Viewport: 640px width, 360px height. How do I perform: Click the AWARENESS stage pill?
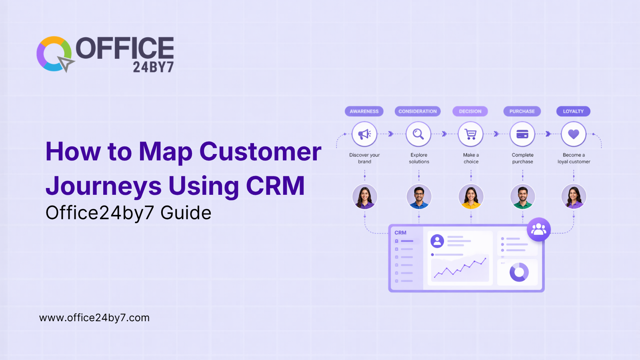[x=364, y=111]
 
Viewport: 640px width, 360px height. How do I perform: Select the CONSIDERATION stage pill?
[x=418, y=111]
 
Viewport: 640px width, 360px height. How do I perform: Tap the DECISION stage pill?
[x=470, y=111]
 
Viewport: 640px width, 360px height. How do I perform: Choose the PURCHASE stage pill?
[x=522, y=111]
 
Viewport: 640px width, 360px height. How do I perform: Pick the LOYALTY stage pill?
[x=573, y=111]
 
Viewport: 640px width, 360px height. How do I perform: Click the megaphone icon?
[x=364, y=134]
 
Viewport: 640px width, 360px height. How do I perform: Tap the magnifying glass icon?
[x=418, y=134]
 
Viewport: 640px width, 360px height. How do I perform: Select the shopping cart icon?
[x=471, y=134]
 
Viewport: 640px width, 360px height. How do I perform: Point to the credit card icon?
[x=522, y=134]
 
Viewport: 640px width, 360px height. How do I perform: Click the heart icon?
[x=574, y=134]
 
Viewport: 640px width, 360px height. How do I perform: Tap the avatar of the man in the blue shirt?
[x=419, y=196]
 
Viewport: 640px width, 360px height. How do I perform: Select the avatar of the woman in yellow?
[x=471, y=196]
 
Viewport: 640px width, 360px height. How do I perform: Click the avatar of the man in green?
[x=523, y=196]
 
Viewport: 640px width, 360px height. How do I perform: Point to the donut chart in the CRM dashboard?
[x=519, y=272]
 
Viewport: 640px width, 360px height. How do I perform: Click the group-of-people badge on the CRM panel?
[x=539, y=229]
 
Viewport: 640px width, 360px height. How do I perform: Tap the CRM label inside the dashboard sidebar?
[x=400, y=233]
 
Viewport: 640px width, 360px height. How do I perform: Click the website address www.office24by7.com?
[x=94, y=318]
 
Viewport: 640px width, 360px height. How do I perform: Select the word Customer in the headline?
[x=260, y=152]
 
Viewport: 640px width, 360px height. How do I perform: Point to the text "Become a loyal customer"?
[x=574, y=158]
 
